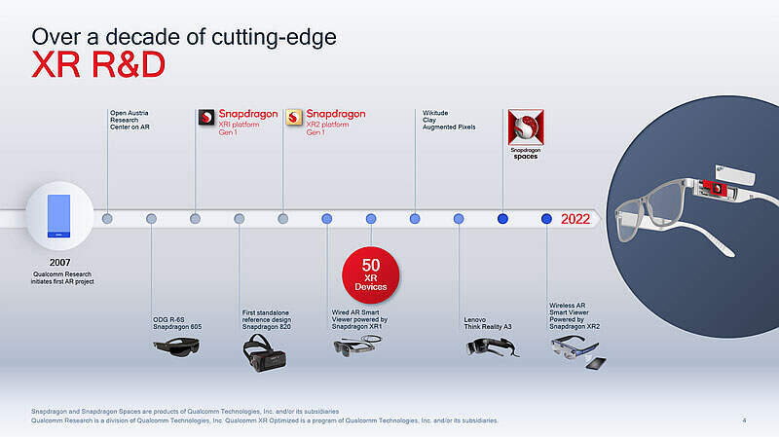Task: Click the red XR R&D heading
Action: tap(98, 65)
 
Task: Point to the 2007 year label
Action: tap(59, 262)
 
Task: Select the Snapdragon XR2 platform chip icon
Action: tap(295, 118)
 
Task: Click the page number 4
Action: tap(744, 420)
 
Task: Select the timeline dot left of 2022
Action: tap(546, 219)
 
